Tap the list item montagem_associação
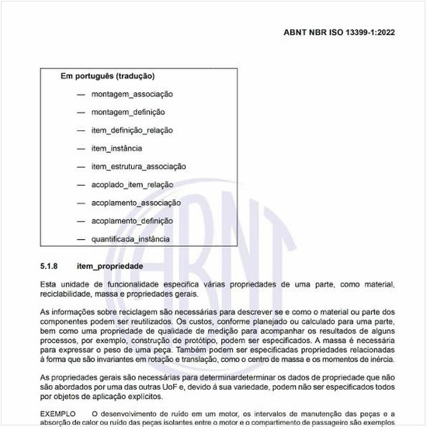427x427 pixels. pos(132,94)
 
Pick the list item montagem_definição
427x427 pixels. pos(128,112)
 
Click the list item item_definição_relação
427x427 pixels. pos(132,130)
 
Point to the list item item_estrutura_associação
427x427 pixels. pos(138,166)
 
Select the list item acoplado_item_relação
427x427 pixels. pos(132,185)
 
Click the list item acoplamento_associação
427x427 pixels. pos(136,203)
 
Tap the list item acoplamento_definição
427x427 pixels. pos(132,220)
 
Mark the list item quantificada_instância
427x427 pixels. pos(130,239)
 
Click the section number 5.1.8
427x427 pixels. pos(50,266)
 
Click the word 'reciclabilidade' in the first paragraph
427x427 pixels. pos(66,294)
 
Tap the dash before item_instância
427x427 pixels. pos(81,148)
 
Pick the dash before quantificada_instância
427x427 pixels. pos(81,239)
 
